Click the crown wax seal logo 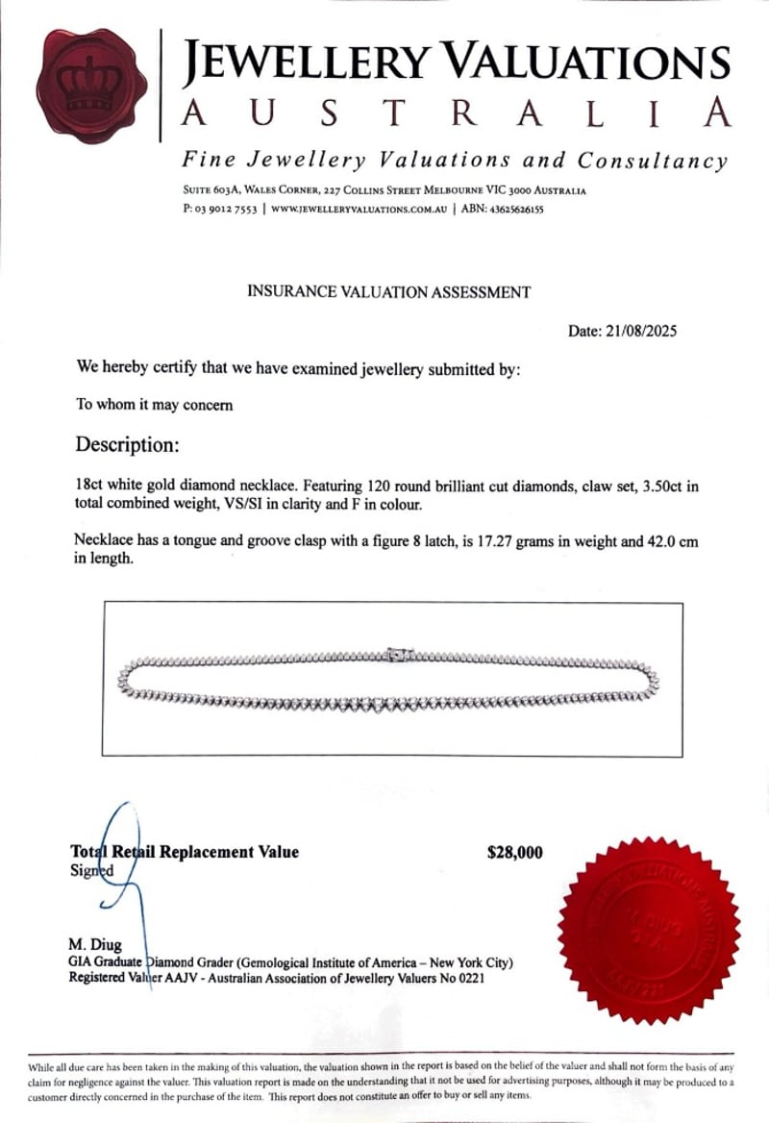(88, 87)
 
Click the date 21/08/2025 (641, 332)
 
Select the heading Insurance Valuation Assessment (388, 291)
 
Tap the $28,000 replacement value (515, 852)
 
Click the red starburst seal (649, 930)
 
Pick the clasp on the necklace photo (396, 654)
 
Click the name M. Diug (95, 945)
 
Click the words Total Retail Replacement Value (185, 852)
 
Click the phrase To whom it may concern (154, 405)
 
